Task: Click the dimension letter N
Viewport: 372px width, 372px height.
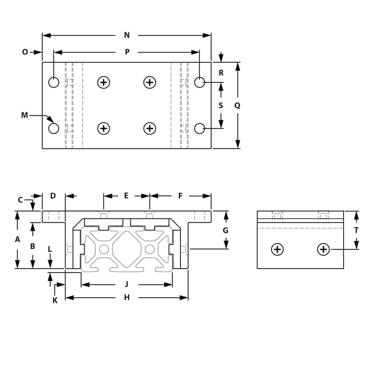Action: point(127,35)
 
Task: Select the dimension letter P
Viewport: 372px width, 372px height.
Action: point(127,52)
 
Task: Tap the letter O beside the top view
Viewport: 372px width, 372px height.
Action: point(25,52)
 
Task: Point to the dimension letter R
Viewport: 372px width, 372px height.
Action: point(221,73)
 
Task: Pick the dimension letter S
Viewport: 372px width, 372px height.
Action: point(221,106)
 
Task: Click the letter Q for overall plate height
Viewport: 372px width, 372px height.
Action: point(237,106)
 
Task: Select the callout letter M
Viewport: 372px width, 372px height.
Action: point(25,115)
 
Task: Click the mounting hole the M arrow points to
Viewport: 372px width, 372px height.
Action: point(54,128)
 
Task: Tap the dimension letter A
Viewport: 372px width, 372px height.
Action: point(18,239)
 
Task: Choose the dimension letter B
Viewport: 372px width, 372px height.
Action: point(33,246)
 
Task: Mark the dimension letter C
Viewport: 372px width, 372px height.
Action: point(20,200)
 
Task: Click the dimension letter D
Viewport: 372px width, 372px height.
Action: point(53,196)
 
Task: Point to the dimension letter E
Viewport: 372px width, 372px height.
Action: point(126,196)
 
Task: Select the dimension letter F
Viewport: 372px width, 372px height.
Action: point(180,196)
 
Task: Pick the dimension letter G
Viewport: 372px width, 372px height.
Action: point(226,230)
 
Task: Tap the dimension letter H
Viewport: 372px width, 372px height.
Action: point(126,298)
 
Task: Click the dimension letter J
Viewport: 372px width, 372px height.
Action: point(126,284)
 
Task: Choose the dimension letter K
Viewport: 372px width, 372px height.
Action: point(55,300)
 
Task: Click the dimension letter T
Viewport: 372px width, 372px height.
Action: point(356,230)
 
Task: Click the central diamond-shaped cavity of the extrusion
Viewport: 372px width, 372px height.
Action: point(126,249)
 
